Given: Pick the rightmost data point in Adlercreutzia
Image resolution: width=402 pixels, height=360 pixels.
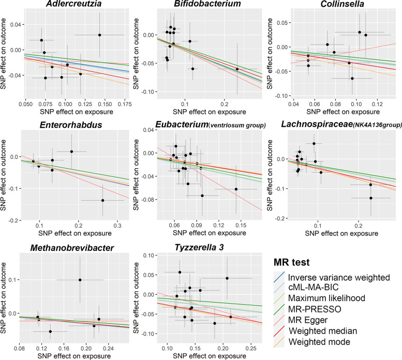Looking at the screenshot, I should [x=99, y=35].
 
